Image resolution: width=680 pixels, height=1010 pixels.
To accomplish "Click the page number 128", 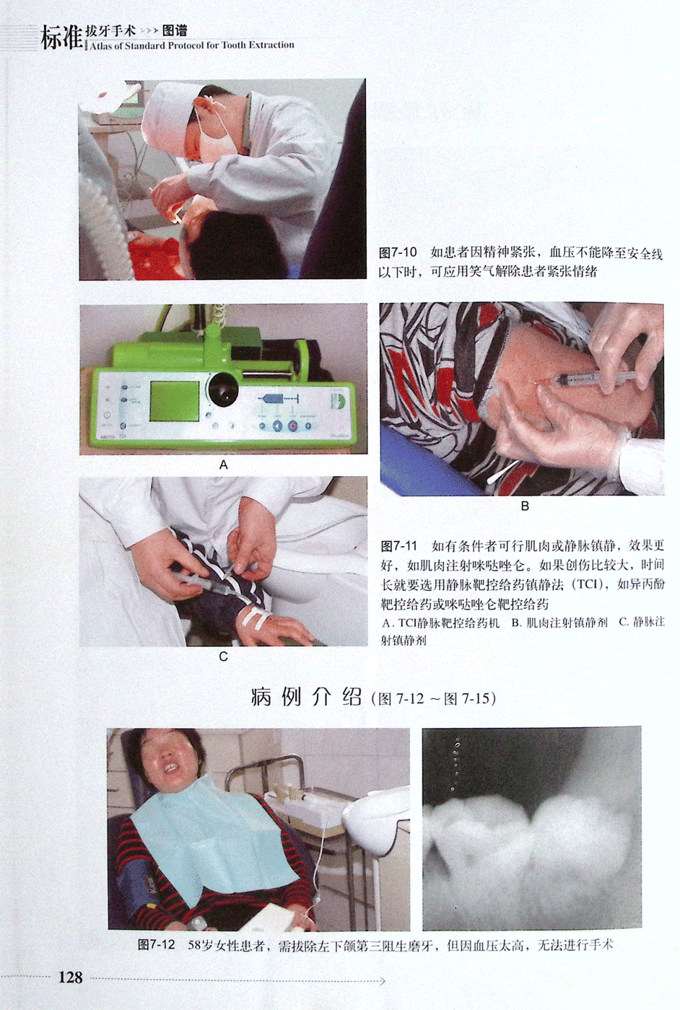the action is [x=71, y=977].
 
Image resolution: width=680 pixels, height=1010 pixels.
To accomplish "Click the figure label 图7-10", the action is [x=398, y=252].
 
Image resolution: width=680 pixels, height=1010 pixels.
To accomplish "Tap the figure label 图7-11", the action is [x=398, y=546].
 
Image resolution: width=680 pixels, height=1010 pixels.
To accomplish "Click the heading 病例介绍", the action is [x=306, y=698].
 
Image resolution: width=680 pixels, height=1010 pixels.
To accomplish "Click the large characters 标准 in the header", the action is [x=62, y=37].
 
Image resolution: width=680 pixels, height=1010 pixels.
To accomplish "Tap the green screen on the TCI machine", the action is [x=175, y=401].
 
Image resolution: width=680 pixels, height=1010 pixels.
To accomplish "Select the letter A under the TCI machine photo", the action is [x=223, y=465].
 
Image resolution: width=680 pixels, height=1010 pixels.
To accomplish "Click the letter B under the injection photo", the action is [x=524, y=506].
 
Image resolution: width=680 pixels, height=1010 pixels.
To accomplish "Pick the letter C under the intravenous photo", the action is [x=223, y=657].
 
